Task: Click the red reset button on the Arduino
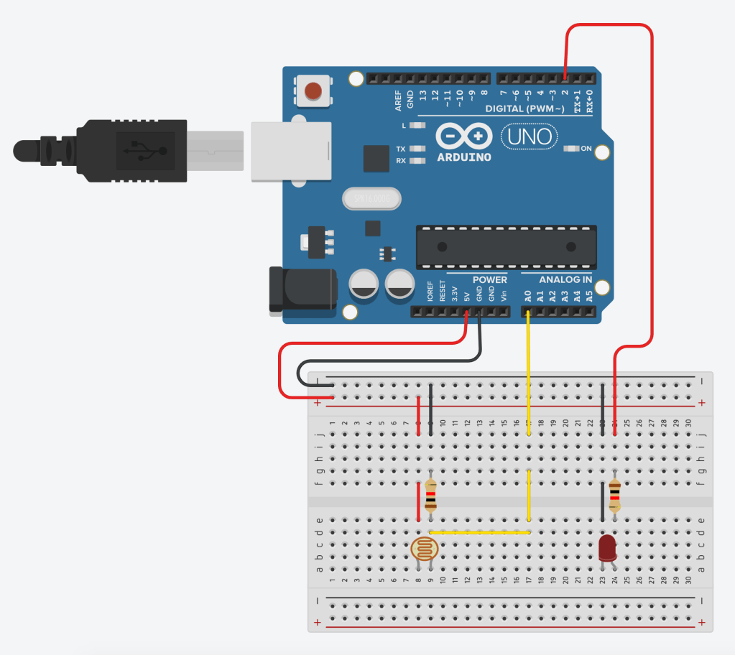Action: point(313,91)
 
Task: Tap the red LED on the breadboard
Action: point(608,548)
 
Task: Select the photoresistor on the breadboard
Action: point(424,550)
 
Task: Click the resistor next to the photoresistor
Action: point(430,496)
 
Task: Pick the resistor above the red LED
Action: point(614,495)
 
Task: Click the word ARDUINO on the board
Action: point(464,157)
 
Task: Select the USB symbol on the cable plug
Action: point(144,150)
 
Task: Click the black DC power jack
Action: point(302,289)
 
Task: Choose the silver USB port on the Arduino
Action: point(291,150)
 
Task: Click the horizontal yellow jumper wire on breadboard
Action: point(479,532)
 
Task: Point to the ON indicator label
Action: point(586,149)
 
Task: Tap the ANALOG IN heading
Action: point(565,279)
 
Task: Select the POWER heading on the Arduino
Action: point(489,279)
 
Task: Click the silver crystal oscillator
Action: point(371,198)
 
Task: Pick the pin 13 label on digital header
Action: point(422,95)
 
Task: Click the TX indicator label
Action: point(401,149)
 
